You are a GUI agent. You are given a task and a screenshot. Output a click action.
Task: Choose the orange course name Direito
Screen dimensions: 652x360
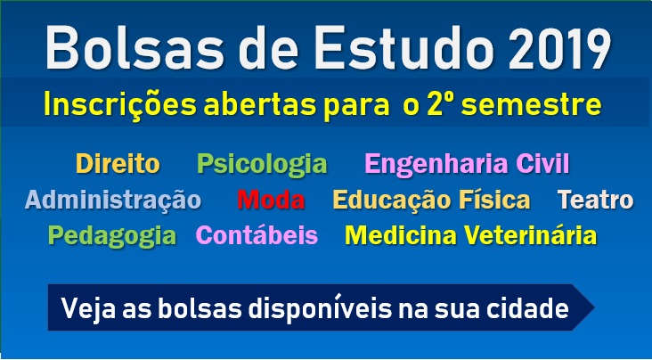pos(118,163)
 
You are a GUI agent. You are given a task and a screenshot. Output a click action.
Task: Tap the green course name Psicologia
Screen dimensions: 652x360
pos(262,164)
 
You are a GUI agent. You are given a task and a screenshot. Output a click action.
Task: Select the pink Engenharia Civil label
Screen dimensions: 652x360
pos(467,164)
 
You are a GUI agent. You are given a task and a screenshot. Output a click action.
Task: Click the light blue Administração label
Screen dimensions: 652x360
pos(113,200)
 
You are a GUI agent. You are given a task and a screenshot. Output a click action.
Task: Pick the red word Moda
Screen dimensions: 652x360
pos(271,200)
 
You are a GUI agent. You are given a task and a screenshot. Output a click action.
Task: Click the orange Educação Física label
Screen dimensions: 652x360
pos(432,200)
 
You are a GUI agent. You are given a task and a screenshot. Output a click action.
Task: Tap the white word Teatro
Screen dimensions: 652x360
pos(596,200)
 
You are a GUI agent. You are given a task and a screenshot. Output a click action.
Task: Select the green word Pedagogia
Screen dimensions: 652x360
pos(112,236)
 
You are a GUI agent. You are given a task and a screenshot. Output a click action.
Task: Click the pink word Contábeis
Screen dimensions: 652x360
pos(257,234)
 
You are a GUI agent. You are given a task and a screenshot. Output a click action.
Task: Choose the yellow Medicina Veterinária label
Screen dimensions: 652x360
pos(470,234)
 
